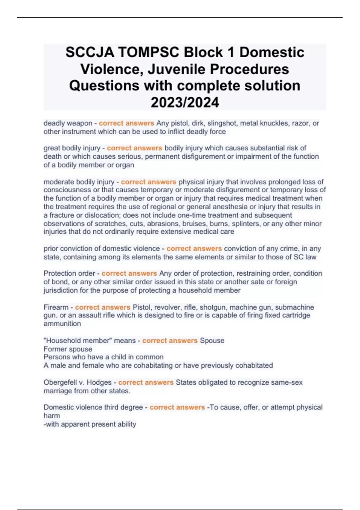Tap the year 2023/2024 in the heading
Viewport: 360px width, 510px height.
pyautogui.click(x=185, y=102)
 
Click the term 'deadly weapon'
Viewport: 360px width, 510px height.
pyautogui.click(x=68, y=123)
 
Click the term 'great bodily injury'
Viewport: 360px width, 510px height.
pyautogui.click(x=72, y=148)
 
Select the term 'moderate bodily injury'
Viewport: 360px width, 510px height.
pyautogui.click(x=79, y=182)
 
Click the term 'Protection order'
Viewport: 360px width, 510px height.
pyautogui.click(x=69, y=274)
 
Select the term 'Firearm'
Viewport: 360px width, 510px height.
pyautogui.click(x=56, y=307)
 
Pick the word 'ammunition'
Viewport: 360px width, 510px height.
pyautogui.click(x=62, y=324)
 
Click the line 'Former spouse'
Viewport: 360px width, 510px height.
pyautogui.click(x=68, y=349)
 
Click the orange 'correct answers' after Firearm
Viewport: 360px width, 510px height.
pyautogui.click(x=103, y=307)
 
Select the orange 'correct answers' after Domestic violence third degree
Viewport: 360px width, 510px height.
pyautogui.click(x=177, y=407)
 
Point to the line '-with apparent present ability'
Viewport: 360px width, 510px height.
pyautogui.click(x=90, y=424)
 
